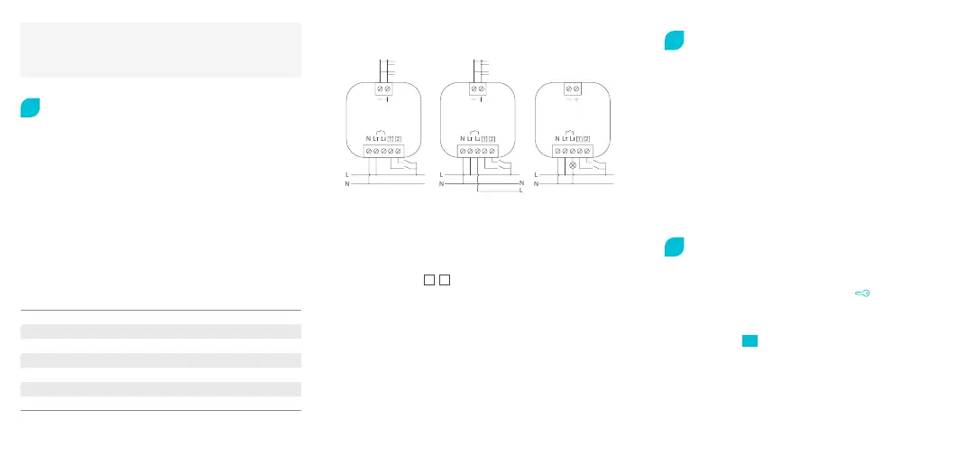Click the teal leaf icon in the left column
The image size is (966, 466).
[30, 107]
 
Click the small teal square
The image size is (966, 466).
[750, 340]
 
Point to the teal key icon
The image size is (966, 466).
[863, 293]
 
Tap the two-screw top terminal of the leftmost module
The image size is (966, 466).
[382, 89]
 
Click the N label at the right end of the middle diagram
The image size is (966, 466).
[521, 183]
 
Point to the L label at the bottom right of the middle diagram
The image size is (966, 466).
[521, 191]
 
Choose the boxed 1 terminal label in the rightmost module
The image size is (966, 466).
[577, 138]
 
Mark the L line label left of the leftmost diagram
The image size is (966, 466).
[347, 174]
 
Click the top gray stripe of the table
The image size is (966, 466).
[161, 331]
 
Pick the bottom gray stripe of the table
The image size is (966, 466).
[161, 389]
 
